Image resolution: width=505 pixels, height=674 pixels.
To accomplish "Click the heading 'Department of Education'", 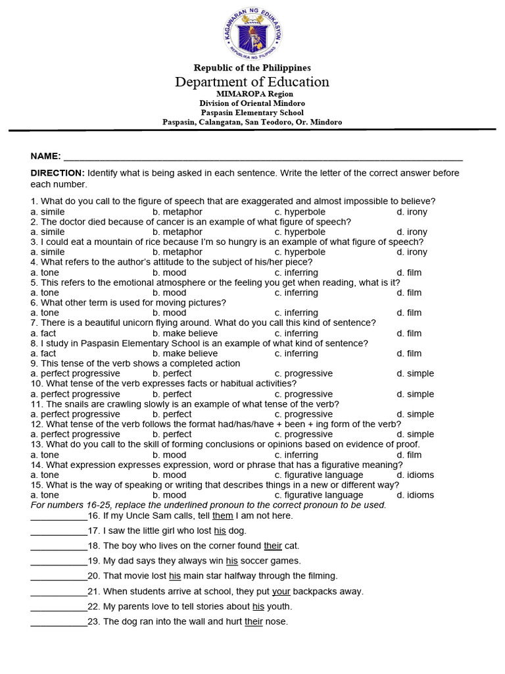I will pos(252,82).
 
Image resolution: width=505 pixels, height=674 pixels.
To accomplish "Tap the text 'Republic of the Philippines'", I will pos(252,68).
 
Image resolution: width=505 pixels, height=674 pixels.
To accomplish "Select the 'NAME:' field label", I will pos(45,156).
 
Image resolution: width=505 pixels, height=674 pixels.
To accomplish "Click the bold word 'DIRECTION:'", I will pos(58,172).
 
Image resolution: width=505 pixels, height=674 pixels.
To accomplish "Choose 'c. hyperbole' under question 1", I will pos(300,212).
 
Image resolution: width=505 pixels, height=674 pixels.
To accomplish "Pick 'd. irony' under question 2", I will pos(412,232).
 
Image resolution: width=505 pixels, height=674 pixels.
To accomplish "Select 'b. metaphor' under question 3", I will pos(178,252).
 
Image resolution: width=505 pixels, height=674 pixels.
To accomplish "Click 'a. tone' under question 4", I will pos(45,272).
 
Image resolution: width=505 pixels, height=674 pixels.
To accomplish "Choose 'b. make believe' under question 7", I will pos(185,333).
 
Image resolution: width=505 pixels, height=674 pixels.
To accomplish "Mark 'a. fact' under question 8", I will pos(43,353).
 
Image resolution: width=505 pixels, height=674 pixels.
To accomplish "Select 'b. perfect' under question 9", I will pos(172,373).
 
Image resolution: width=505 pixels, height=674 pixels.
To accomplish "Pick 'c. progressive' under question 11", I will pos(304,414).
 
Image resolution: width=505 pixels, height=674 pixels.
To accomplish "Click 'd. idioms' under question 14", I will pos(415,475).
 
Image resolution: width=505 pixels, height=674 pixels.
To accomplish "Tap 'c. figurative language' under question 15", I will pos(319,495).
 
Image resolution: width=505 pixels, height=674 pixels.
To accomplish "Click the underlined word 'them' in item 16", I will pos(223,515).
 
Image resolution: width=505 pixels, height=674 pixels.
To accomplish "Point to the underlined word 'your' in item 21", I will pos(281,591).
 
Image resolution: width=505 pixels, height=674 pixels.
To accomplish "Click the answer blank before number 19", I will pos(59,561).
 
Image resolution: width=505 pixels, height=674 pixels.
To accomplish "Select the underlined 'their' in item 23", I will pos(254,621).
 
